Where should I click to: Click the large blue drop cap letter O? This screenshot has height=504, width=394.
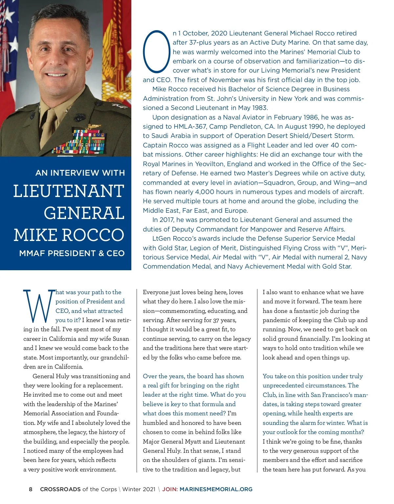pos(156,52)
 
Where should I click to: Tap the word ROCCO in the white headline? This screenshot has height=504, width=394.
pos(93,235)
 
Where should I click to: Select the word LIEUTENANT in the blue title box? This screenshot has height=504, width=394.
pos(69,191)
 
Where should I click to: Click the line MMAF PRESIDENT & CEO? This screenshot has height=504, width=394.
pos(72,253)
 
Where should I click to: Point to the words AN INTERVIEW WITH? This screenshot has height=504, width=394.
pos(80,173)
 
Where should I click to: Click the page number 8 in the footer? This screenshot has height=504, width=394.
pos(31,489)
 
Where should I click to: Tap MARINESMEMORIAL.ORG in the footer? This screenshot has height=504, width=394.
pos(216,489)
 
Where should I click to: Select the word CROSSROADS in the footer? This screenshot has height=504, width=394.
pos(60,489)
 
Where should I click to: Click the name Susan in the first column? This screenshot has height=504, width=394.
pos(120,339)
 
